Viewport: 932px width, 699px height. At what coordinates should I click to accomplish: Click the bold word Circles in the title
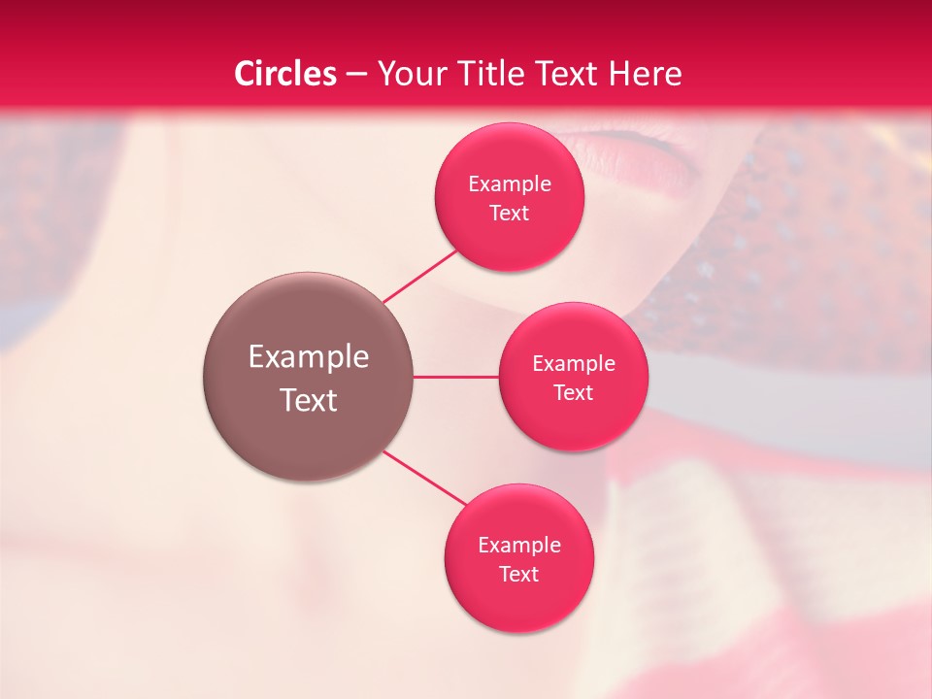285,74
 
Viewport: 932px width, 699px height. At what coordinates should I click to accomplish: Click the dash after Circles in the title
356,75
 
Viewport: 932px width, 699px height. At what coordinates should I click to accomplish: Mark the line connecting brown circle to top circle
421,275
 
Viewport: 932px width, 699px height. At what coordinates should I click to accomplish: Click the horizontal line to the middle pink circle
456,377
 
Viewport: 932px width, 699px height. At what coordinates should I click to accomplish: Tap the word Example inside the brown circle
309,357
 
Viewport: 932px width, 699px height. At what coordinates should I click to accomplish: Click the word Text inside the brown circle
309,400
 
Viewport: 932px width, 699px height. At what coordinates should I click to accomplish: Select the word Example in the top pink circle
510,184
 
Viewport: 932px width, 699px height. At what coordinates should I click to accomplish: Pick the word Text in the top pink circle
510,213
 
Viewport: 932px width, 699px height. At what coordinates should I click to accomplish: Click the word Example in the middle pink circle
574,364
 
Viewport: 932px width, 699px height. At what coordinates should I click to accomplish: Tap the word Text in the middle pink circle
574,392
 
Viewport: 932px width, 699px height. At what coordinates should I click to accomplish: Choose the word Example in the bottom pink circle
519,546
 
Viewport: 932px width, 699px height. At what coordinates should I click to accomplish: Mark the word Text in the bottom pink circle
519,574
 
